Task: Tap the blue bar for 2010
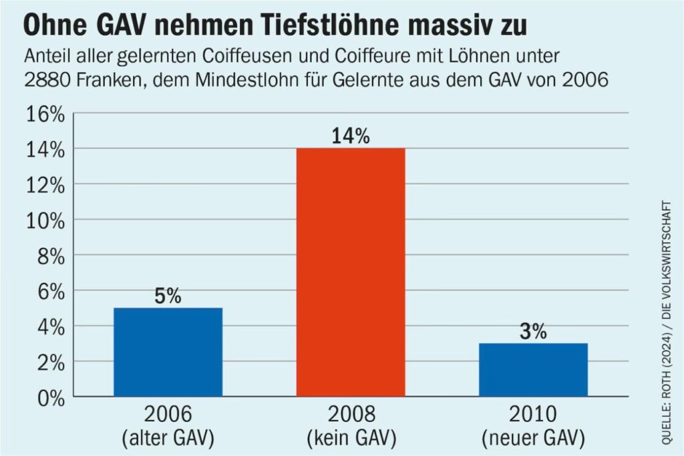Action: tap(533, 370)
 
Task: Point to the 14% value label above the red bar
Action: tap(351, 136)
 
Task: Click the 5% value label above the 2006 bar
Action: tap(168, 296)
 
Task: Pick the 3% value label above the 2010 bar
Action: tap(533, 331)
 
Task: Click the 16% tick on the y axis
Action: tap(45, 114)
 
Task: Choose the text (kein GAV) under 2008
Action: tap(351, 439)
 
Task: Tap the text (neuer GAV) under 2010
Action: tap(533, 439)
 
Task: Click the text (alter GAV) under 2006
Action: tap(168, 439)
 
